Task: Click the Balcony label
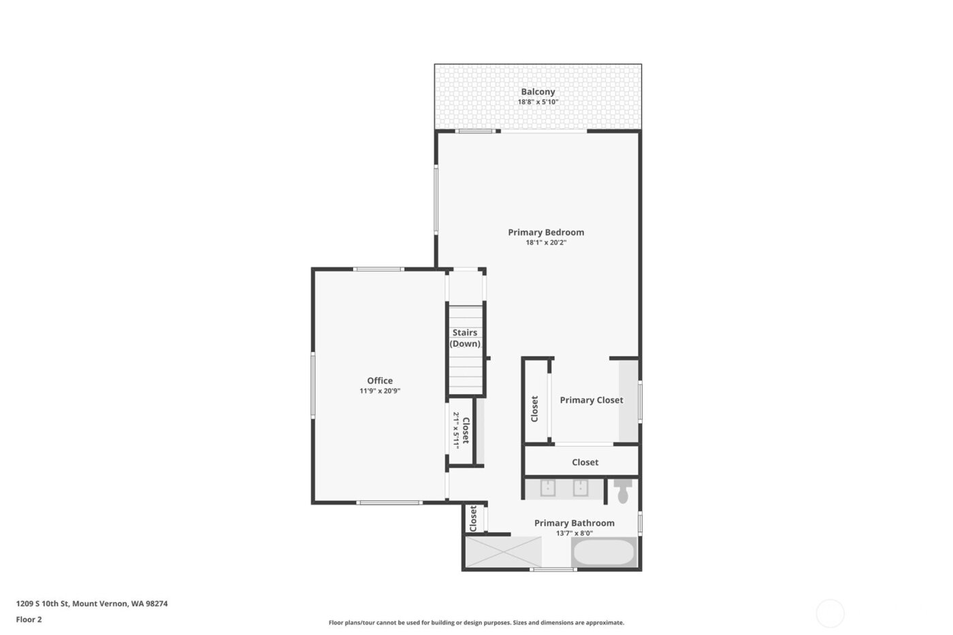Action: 538,92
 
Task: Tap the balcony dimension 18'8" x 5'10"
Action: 538,102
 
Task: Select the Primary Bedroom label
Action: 546,232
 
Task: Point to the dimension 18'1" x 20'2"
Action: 546,242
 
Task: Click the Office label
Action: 380,380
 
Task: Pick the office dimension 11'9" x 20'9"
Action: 380,391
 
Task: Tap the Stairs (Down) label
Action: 465,338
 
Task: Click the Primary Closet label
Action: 591,400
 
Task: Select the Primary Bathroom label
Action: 574,523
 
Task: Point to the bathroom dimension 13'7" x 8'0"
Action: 574,534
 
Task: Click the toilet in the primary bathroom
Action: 623,491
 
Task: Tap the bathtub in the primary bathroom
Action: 604,552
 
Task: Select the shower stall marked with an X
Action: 502,552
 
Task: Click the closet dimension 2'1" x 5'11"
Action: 457,430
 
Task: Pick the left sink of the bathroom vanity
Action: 548,489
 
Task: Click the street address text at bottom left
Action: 92,604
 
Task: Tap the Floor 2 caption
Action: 29,619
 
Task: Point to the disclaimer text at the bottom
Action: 476,623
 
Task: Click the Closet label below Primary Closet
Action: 585,462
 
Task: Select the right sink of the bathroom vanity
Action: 580,489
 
